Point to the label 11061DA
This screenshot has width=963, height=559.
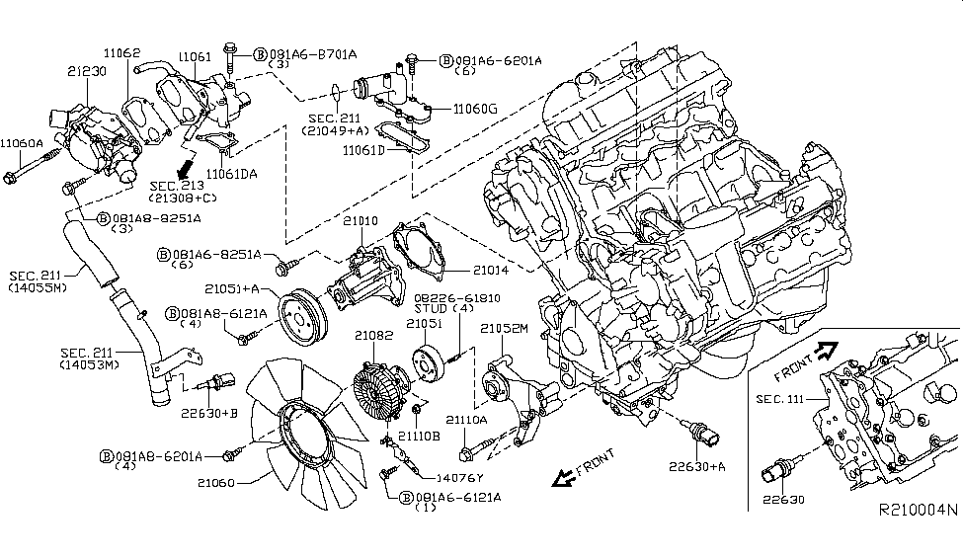tap(233, 174)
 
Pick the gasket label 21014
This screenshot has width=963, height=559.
tap(492, 269)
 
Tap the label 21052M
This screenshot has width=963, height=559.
tap(505, 327)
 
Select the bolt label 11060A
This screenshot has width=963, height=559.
tap(22, 142)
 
